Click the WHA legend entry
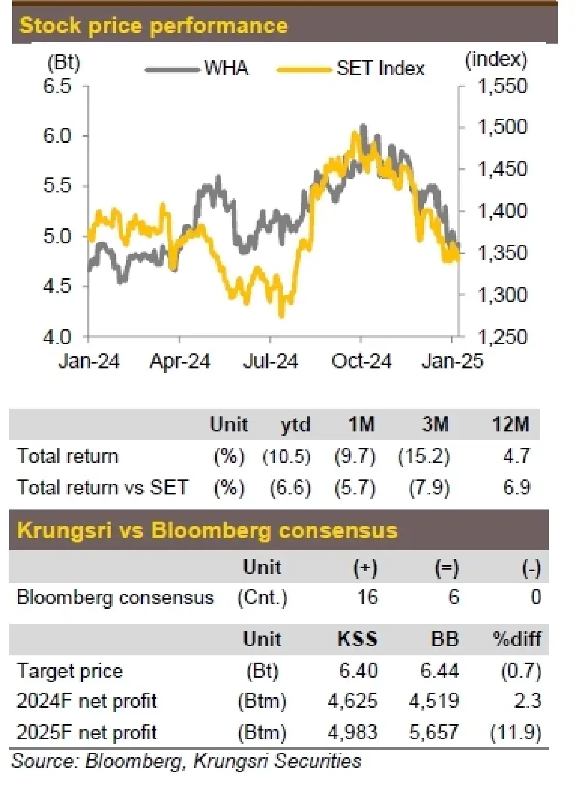(x=226, y=68)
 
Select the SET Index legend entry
(x=380, y=68)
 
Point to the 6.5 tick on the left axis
(x=57, y=86)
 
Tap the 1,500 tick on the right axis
(x=502, y=127)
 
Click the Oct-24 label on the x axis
(x=361, y=362)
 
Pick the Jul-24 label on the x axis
(x=270, y=362)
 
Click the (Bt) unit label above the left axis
(x=64, y=63)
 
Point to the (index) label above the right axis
(x=496, y=59)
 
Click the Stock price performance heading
(x=153, y=25)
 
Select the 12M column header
(x=510, y=425)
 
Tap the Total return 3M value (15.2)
(x=424, y=457)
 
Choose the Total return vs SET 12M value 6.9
(x=517, y=487)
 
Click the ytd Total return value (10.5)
(x=287, y=457)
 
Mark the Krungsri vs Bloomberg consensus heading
(x=207, y=530)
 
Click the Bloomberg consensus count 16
(x=367, y=597)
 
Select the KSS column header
(x=357, y=639)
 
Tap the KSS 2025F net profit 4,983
(x=353, y=732)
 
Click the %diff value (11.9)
(x=516, y=732)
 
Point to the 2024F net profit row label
(x=87, y=701)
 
